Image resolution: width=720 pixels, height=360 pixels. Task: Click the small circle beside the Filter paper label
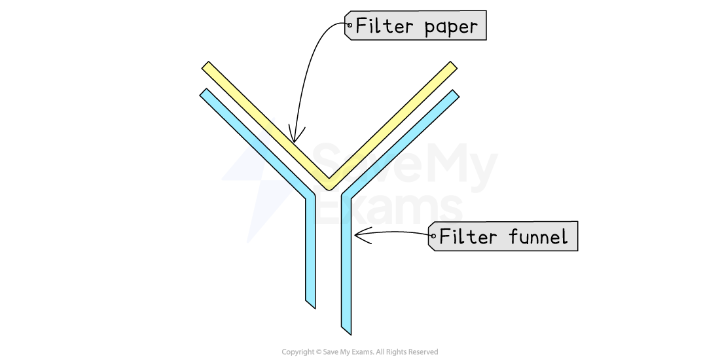coord(350,26)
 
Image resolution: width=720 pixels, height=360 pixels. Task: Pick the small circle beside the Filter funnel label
coord(433,236)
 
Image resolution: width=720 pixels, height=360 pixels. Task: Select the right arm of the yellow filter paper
coord(393,124)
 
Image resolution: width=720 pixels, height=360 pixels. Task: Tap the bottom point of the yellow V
coord(329,185)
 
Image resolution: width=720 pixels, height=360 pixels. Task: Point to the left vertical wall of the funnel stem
coord(311,249)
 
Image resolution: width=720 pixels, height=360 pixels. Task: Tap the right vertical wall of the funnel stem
coord(346,262)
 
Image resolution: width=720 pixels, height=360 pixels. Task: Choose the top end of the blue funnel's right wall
coord(454,96)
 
